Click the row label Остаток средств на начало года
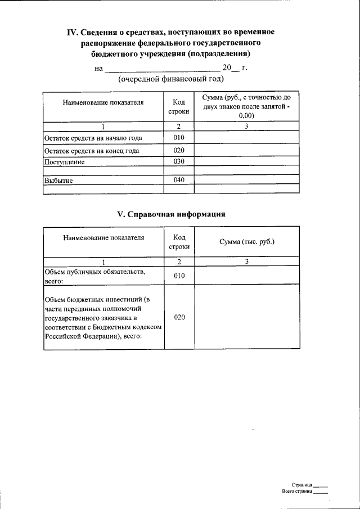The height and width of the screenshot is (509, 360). coord(93,138)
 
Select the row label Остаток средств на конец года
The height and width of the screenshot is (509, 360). coord(92,151)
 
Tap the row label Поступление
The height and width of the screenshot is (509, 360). coord(65,162)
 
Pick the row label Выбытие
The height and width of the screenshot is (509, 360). coord(58,180)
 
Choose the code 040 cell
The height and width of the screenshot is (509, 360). coord(179,180)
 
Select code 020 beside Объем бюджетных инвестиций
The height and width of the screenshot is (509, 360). coord(179,317)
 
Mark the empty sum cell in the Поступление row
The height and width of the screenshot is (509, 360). coord(246,162)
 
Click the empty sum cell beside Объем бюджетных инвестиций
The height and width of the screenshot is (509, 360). coord(246,317)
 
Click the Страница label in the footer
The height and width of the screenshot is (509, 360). coord(302,484)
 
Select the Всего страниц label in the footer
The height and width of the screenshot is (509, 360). coord(296,491)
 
